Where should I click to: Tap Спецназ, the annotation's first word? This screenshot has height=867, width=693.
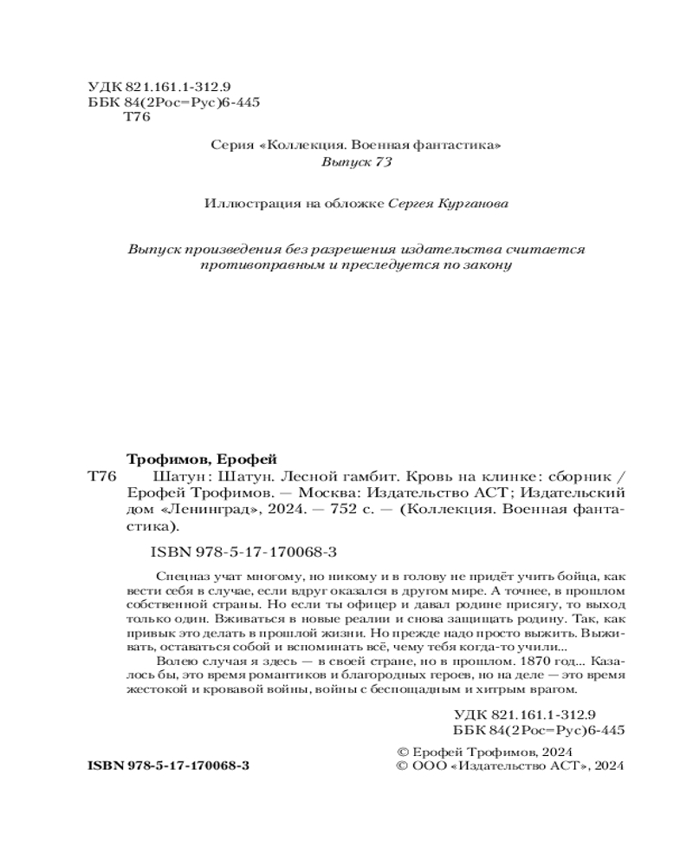[178, 576]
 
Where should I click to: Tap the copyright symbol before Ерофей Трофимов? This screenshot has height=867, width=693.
[401, 752]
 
